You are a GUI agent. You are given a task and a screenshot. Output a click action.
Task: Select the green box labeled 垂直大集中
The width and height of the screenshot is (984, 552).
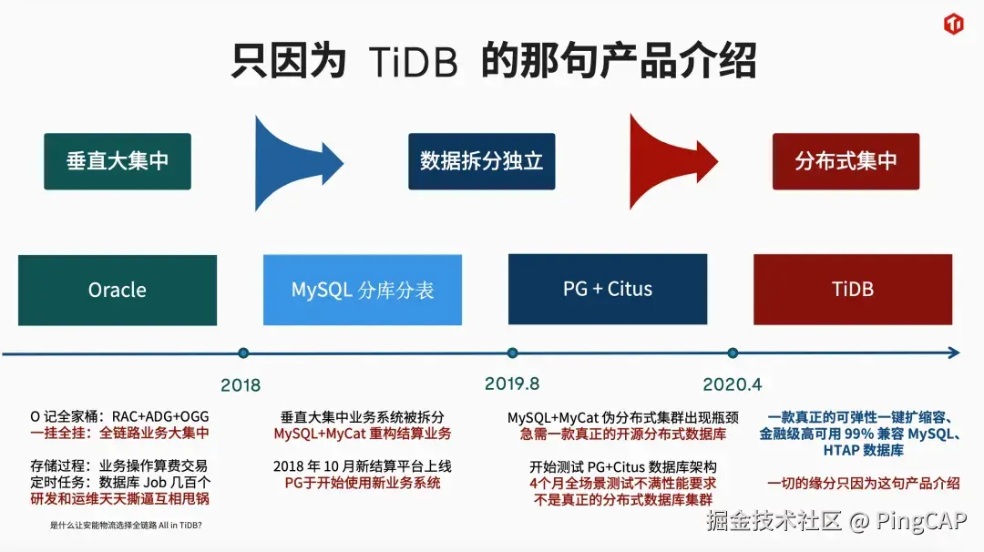tap(118, 161)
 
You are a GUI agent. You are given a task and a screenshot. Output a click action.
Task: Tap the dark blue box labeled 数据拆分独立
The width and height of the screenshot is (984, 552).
tap(481, 161)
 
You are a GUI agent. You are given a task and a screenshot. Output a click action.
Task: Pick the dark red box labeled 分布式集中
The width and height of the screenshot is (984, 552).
tap(846, 161)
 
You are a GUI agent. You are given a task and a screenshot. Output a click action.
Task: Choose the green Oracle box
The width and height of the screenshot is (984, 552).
tap(118, 290)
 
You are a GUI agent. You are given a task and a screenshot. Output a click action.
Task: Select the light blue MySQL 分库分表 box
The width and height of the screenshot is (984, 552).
tap(363, 290)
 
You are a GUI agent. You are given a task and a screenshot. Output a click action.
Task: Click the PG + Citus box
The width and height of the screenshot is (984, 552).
tap(608, 289)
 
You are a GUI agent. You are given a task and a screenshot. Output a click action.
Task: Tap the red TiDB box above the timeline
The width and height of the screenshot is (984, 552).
tap(853, 289)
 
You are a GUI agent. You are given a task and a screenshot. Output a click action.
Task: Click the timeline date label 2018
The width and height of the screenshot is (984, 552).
tap(241, 384)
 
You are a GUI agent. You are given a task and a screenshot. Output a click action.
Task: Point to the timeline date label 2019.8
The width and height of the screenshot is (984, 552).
tap(512, 383)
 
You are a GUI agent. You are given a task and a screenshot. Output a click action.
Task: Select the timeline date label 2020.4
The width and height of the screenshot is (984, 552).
tap(733, 383)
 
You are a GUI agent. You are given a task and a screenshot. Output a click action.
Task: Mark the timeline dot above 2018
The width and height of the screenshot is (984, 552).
tap(243, 353)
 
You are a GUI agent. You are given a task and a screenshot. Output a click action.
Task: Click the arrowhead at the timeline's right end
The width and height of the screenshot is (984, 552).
tap(953, 353)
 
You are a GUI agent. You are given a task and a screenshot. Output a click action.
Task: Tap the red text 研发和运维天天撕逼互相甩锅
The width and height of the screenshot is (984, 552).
tap(119, 499)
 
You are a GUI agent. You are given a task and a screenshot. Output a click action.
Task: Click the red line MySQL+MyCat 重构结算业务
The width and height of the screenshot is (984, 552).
tap(363, 434)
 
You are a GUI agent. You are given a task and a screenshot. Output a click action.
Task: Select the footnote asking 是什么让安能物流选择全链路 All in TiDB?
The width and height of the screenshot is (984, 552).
tap(126, 526)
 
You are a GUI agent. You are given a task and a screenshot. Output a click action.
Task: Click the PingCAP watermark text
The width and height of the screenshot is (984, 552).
tap(921, 521)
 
